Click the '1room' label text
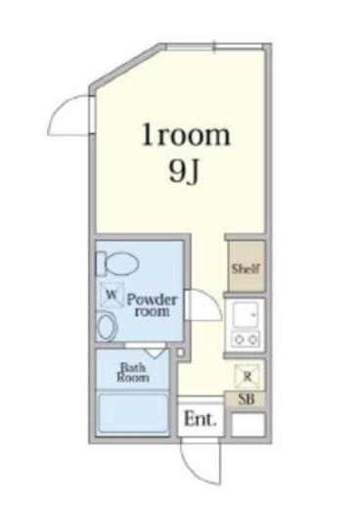coord(186,135)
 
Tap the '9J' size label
coord(184,171)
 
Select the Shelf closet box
coord(247,266)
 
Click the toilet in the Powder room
coord(117,262)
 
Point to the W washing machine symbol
coord(112,295)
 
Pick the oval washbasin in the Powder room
coord(107,325)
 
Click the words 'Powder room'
coord(152,305)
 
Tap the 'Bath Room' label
coord(133,372)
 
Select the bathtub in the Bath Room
coord(133,414)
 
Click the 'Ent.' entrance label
coord(201,419)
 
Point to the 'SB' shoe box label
coord(247,398)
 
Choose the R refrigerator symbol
coord(247,377)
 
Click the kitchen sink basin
coord(246,314)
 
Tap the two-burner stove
coord(246,340)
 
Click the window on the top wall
coord(214,47)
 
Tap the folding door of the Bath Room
coord(155,352)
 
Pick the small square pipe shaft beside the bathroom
coord(180,352)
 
